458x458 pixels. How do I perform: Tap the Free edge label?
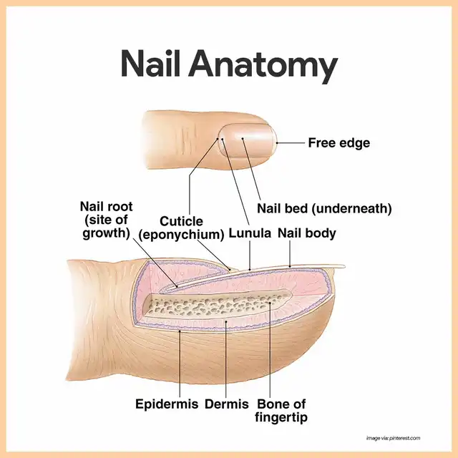(338, 143)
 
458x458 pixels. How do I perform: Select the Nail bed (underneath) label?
(323, 208)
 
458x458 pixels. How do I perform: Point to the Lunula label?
(250, 233)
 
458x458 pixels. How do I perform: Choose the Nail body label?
(306, 233)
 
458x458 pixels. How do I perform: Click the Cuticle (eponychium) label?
(181, 228)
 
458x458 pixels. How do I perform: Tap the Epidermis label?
(167, 404)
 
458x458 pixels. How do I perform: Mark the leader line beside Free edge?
(290, 143)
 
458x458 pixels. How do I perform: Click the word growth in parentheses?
(106, 233)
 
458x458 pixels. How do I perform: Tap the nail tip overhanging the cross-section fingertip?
(336, 268)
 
